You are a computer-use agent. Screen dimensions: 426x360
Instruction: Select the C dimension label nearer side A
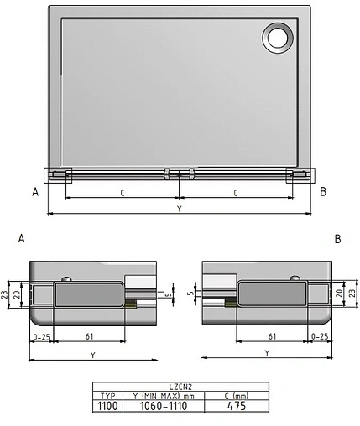123,193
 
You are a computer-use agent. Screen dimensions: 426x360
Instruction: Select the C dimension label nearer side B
236,193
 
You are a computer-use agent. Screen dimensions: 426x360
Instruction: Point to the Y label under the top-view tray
179,207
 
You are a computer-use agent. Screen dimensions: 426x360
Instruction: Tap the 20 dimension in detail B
337,295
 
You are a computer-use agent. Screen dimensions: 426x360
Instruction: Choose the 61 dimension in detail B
272,336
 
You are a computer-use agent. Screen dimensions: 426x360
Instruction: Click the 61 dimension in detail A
88,336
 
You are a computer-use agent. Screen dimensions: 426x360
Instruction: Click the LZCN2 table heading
180,387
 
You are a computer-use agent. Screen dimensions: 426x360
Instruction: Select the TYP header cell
107,396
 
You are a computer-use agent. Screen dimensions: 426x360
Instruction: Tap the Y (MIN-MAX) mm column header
164,396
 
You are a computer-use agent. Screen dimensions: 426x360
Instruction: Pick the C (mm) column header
236,396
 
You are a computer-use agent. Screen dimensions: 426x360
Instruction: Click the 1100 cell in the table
107,406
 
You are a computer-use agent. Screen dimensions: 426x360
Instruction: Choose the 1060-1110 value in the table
164,406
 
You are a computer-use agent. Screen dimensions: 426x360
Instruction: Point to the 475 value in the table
236,406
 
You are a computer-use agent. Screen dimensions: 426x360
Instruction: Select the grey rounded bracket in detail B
272,295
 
